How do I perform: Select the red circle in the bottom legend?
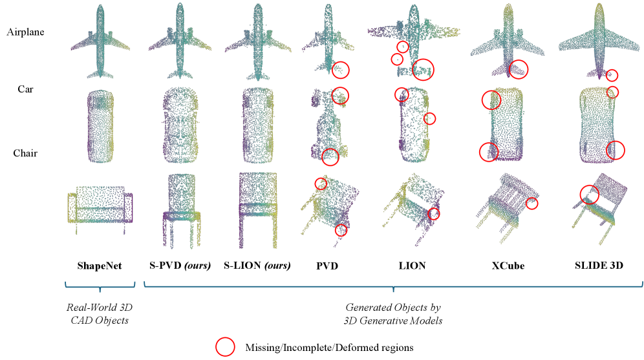[225, 347]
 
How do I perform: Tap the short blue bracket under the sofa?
[100, 286]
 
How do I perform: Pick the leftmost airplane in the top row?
[100, 42]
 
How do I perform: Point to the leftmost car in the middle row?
[100, 125]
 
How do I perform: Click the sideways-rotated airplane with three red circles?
[414, 39]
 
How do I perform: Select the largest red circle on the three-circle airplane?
[423, 69]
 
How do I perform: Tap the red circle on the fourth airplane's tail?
[341, 70]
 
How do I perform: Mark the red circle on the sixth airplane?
[519, 69]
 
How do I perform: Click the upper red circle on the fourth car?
[340, 96]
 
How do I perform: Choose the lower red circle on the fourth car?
[330, 157]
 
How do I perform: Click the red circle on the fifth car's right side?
[429, 119]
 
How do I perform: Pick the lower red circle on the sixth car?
[489, 152]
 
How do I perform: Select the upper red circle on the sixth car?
[491, 100]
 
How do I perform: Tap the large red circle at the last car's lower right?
[616, 151]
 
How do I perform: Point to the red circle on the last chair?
[589, 194]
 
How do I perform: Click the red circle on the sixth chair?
[531, 204]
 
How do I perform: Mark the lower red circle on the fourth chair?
[341, 230]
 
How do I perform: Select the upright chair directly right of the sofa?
[181, 210]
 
